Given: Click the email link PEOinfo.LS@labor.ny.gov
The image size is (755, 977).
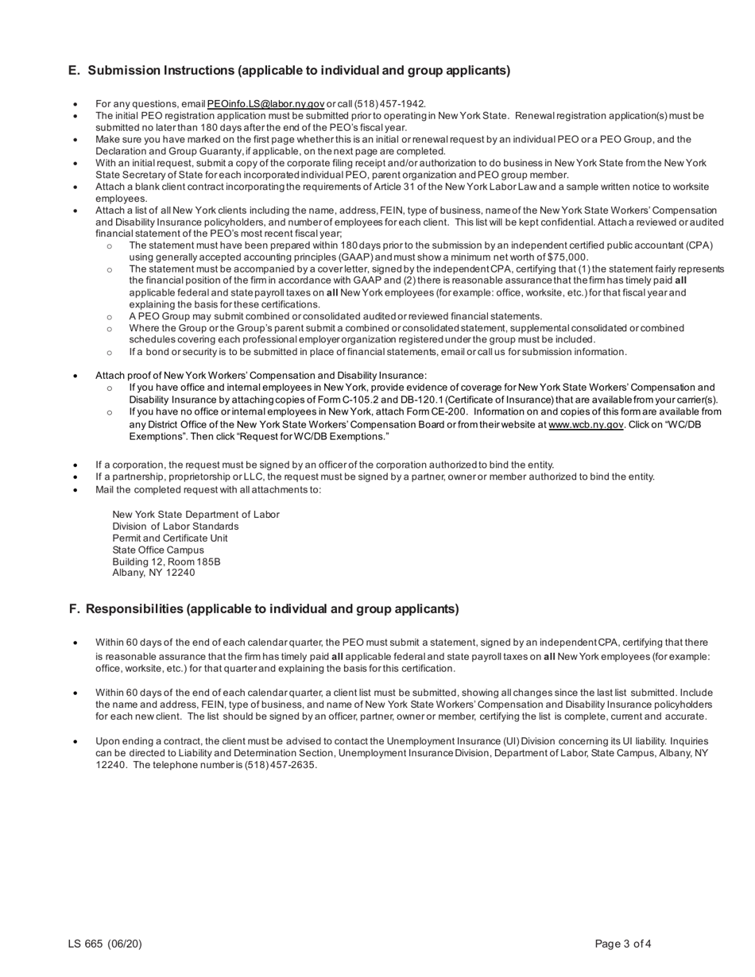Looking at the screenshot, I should (265, 104).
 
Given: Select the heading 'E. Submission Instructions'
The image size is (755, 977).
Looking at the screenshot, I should (289, 71).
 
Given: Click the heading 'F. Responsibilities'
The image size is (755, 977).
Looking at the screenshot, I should (264, 609).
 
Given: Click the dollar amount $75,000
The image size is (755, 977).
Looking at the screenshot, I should (567, 257).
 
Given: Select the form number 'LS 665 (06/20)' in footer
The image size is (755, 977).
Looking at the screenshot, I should (105, 944).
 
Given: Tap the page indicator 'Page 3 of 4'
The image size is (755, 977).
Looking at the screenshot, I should (623, 944).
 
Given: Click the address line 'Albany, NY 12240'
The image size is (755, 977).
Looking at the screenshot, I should (153, 573).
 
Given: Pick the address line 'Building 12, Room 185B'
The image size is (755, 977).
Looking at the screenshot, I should (166, 562).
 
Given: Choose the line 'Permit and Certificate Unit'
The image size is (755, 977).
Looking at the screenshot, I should (170, 538).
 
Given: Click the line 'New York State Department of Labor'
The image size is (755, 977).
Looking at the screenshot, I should (196, 515).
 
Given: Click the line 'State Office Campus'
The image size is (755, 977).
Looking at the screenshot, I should (158, 550).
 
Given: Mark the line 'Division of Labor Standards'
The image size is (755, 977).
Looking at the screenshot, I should (176, 527).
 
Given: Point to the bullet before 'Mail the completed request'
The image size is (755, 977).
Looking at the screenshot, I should (75, 489).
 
